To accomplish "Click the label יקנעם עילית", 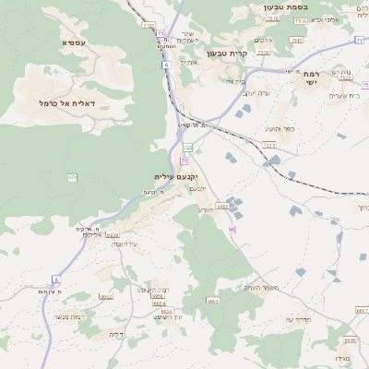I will pyautogui.click(x=176, y=176).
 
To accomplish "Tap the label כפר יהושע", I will pyautogui.click(x=277, y=128).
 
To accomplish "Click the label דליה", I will pyautogui.click(x=116, y=334).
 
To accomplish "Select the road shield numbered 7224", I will pyautogui.click(x=269, y=145).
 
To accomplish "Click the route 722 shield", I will pyautogui.click(x=188, y=147).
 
